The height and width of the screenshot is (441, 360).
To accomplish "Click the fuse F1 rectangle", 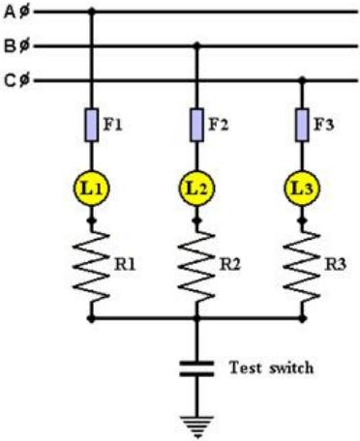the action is point(92,125).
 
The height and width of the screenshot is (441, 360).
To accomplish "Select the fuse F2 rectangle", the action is point(196,125).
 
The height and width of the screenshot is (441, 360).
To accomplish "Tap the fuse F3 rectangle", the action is point(302,125).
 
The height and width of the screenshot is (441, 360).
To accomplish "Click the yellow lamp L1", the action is point(92,189).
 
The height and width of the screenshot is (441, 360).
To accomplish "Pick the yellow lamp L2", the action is point(196,189).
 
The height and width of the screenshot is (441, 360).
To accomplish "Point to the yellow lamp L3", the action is point(302,189).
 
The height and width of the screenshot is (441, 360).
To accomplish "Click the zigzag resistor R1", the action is point(92,267).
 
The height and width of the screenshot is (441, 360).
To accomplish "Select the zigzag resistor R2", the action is point(196,267).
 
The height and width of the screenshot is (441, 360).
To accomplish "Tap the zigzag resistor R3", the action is point(302,267).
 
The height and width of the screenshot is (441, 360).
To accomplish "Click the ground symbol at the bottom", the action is point(196,426).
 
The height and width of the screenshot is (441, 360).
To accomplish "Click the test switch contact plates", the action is point(196,368).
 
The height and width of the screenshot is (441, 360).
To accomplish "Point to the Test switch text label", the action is point(271,367).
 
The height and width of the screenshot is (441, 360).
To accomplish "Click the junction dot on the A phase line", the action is point(92,12).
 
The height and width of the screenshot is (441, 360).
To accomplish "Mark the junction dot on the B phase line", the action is point(196,46).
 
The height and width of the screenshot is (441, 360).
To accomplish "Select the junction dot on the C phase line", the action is point(302,80).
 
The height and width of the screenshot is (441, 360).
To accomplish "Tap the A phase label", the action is point(16,13).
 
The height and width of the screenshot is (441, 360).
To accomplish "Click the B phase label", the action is point(16,46).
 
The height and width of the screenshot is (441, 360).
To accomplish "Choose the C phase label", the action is point(16,80).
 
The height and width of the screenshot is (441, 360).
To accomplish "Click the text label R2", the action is point(230,265).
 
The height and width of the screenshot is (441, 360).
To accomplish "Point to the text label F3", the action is point(324,125).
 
